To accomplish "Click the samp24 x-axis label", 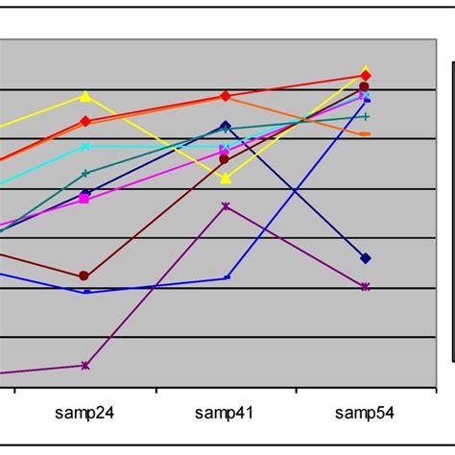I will point(85,414).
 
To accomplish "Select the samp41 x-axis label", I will point(225,414).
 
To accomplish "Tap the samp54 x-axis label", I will point(365,414).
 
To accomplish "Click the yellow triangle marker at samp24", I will point(85,96).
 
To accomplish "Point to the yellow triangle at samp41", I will point(226,178).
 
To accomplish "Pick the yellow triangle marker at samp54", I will point(366,71).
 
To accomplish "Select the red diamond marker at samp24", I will point(85,121).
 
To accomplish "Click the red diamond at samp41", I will point(226,96).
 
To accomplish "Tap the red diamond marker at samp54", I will point(366,76).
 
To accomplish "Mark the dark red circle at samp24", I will point(84,276).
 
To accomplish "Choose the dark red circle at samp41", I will point(225,158).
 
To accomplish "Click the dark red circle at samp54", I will point(365,86).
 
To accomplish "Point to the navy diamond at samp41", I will point(226,126).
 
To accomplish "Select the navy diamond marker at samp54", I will point(366,258).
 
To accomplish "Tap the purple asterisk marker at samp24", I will point(85,365).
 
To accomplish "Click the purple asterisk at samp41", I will point(226,205).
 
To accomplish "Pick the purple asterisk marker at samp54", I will point(366,287).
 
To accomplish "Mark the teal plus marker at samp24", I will point(85,174).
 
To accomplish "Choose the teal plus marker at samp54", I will point(366,116).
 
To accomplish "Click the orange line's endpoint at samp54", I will point(366,134).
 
